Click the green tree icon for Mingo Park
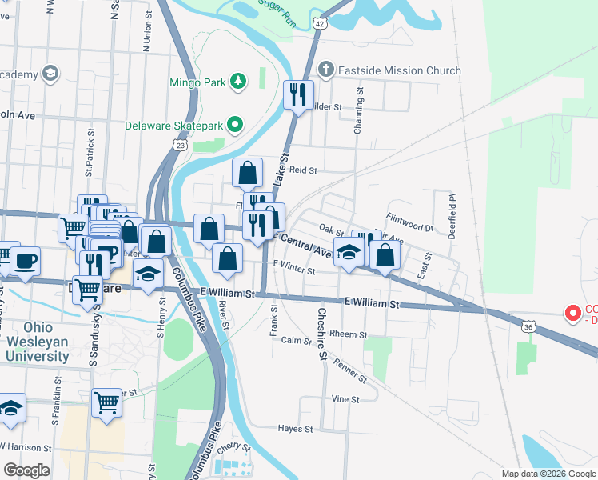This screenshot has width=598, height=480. pyautogui.click(x=237, y=81)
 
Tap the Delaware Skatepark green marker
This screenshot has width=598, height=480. pyautogui.click(x=234, y=125)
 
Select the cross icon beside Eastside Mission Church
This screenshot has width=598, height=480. pyautogui.click(x=325, y=70)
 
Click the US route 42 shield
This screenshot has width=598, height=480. pyautogui.click(x=319, y=24)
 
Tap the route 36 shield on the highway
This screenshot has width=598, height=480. pyautogui.click(x=528, y=326)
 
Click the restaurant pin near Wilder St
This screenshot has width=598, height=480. pyautogui.click(x=298, y=95)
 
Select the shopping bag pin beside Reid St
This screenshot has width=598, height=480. pyautogui.click(x=248, y=172)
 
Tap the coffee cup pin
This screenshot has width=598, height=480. pyautogui.click(x=25, y=261)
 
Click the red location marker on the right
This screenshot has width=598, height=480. pyautogui.click(x=572, y=313)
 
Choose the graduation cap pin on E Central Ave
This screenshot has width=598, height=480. pyautogui.click(x=349, y=253)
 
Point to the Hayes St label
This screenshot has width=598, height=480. pyautogui.click(x=295, y=429)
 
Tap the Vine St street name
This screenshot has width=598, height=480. pyautogui.click(x=345, y=398)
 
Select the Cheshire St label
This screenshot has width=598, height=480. pyautogui.click(x=322, y=334)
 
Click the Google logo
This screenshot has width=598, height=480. pyautogui.click(x=26, y=470)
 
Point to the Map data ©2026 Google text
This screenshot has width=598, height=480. pyautogui.click(x=548, y=474)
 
